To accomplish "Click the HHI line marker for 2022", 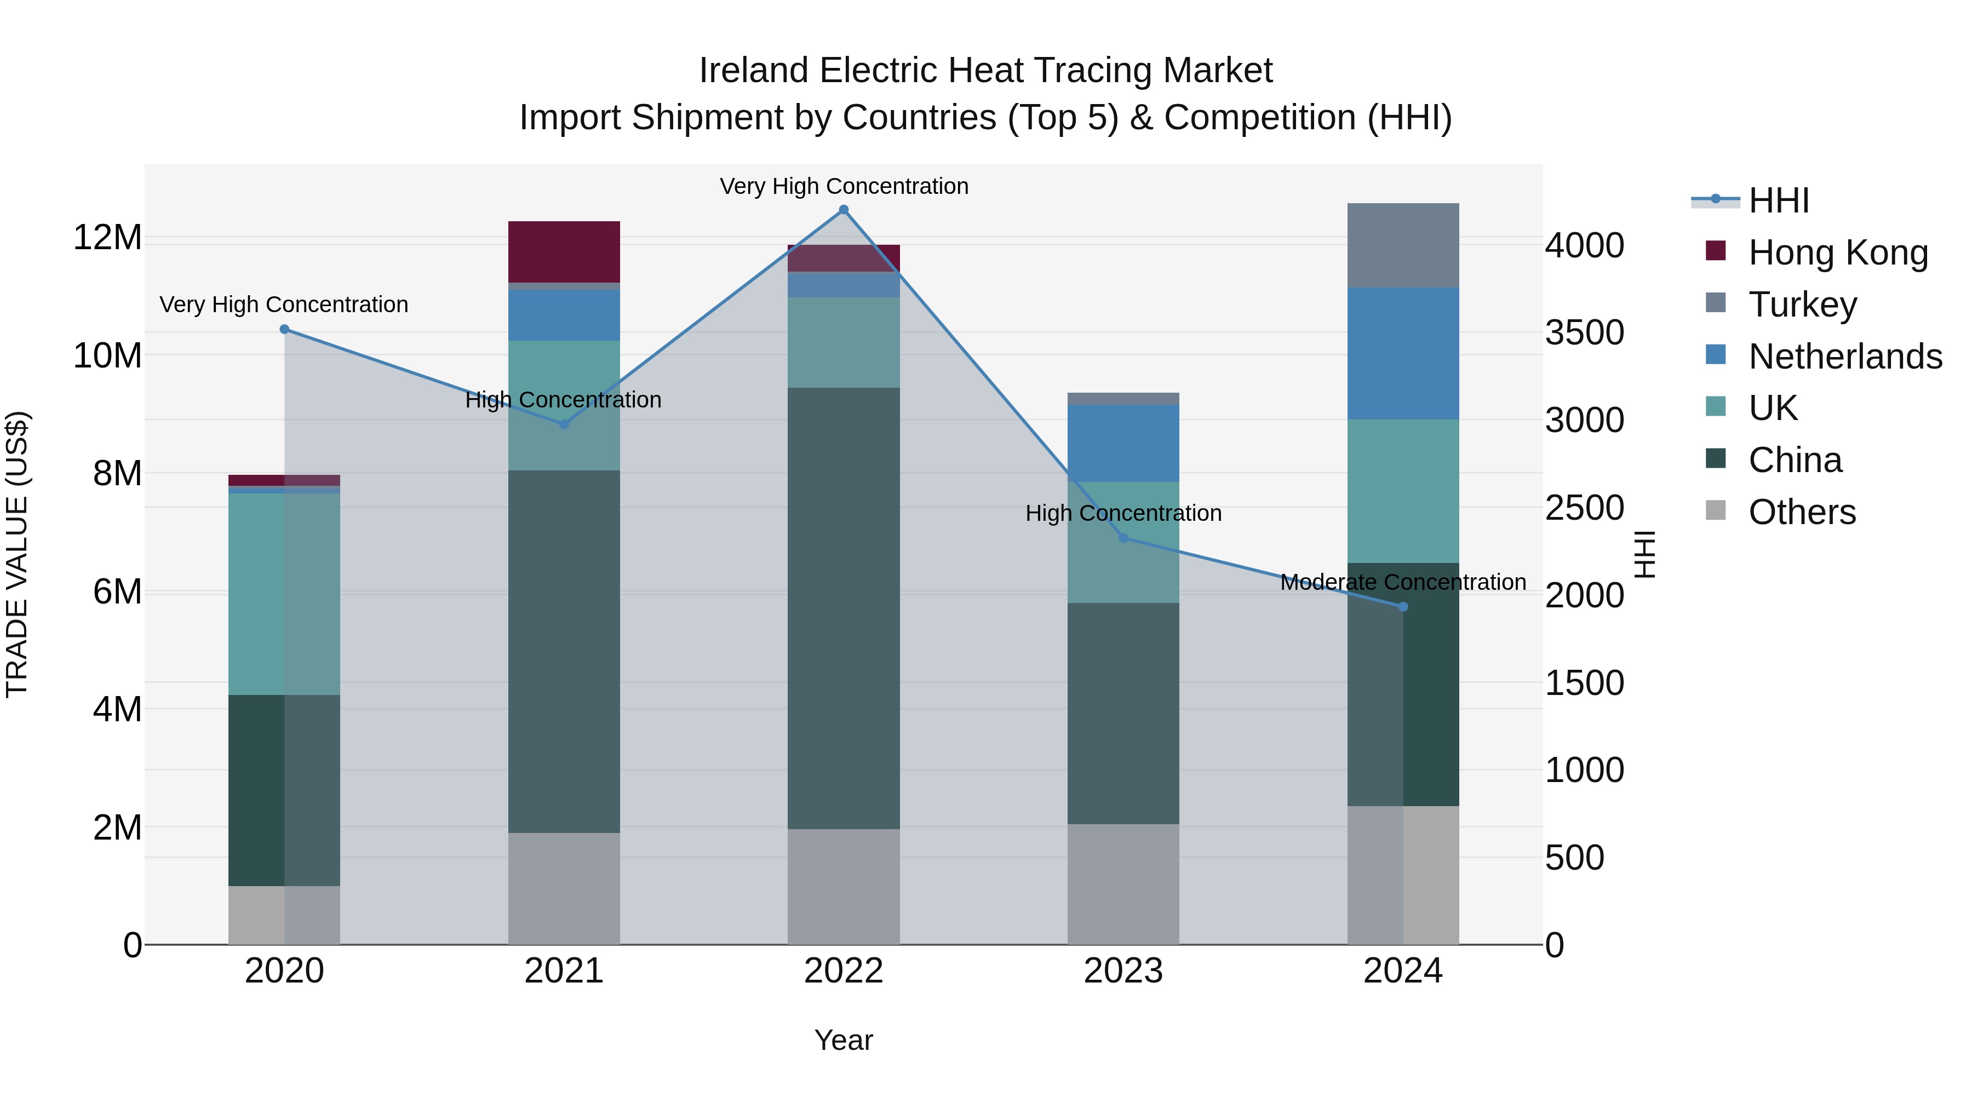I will click(844, 210).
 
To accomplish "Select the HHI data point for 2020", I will click(284, 329).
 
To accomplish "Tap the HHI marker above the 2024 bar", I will click(1402, 607).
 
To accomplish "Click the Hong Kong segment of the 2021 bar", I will click(564, 252).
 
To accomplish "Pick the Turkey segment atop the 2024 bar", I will click(1402, 245).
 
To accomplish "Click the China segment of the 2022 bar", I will click(844, 608).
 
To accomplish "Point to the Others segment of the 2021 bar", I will click(564, 888).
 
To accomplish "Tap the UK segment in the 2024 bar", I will click(1402, 491).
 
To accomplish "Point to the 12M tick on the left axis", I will click(107, 237).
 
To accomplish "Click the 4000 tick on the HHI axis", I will click(1584, 246).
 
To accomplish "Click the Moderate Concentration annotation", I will click(1402, 583).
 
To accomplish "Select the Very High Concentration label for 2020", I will click(283, 304).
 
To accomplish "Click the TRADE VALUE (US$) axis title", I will click(17, 554).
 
